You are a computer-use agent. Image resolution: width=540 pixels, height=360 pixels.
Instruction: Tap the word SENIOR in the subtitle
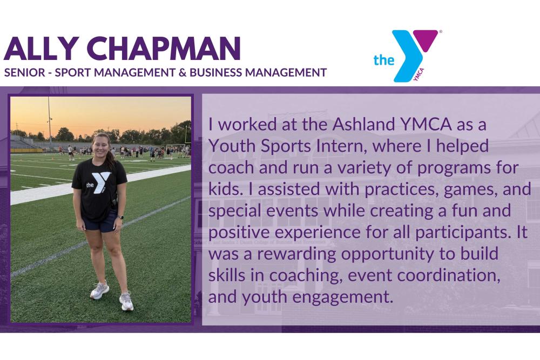pos(23,72)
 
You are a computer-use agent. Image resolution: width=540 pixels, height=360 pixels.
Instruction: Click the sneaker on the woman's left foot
pos(126,301)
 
